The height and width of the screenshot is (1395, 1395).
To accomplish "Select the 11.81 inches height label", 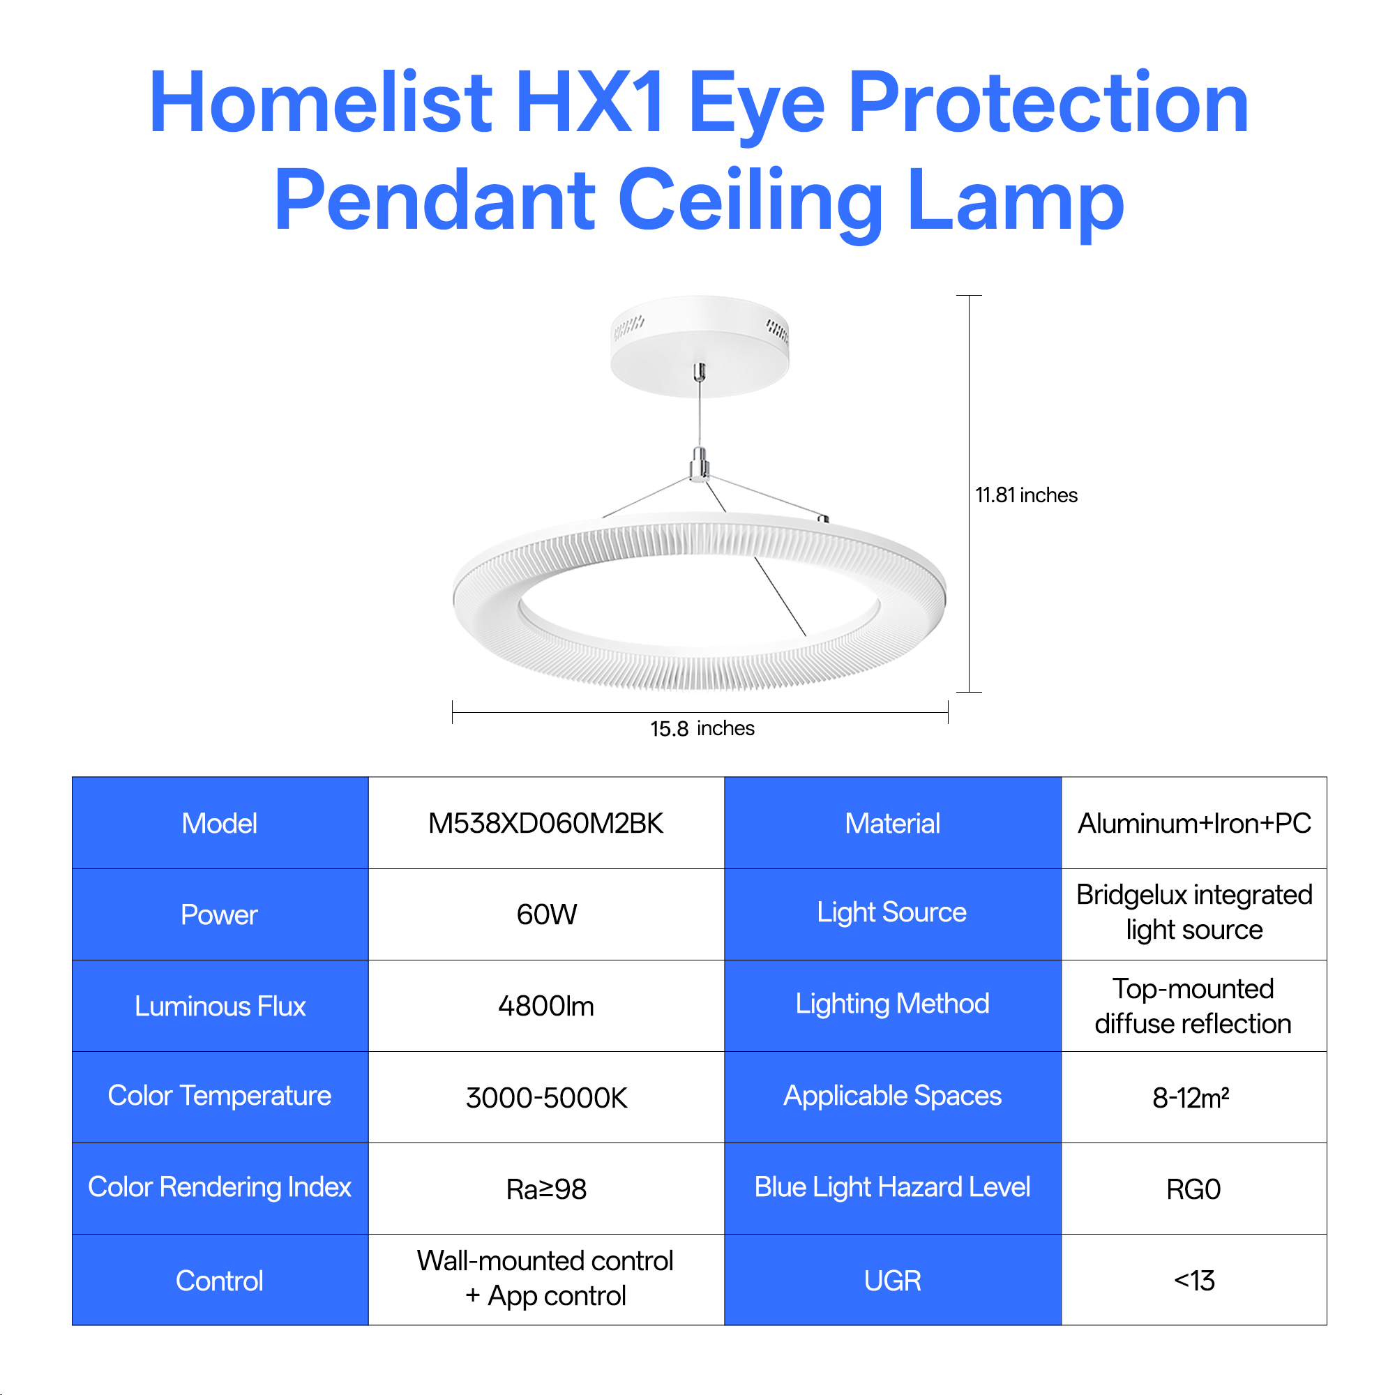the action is pos(1026,495).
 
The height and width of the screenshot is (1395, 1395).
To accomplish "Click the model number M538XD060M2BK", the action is pos(546,823).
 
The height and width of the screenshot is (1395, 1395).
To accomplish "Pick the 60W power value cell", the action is pos(547,914).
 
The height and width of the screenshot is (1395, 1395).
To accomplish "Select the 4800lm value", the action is pos(546,1006).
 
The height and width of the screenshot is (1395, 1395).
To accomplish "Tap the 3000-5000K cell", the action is pos(547,1097).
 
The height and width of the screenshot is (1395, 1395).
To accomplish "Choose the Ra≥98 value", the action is pos(547,1189).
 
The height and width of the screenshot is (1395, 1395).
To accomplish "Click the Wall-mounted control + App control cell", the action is pos(545,1279).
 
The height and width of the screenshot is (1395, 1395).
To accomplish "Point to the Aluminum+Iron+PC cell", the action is pos(1194,823).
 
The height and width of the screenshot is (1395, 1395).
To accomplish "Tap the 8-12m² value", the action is pos(1191,1097).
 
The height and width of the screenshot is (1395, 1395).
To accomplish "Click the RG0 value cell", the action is pos(1193,1189).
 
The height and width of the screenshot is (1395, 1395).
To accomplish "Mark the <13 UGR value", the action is pos(1194,1280).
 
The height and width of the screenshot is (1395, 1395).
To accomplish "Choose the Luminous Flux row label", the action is pos(220,1006).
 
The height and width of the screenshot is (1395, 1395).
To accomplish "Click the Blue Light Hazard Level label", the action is pos(893,1188).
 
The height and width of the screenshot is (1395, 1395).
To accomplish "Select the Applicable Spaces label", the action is pos(893,1096).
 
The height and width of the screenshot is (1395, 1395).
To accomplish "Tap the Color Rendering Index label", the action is pos(220,1188).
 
